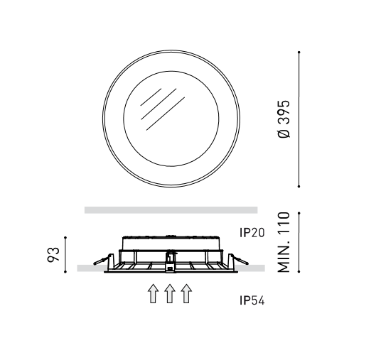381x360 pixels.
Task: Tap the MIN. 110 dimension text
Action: (x=284, y=241)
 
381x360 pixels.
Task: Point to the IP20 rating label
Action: (x=252, y=231)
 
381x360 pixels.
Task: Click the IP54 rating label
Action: (x=252, y=300)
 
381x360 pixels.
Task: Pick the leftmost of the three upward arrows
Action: (x=152, y=293)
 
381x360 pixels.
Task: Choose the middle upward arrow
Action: (x=169, y=293)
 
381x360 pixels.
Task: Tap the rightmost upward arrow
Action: (x=186, y=293)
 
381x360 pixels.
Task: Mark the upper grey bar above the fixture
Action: (x=171, y=209)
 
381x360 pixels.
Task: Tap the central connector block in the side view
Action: (x=170, y=261)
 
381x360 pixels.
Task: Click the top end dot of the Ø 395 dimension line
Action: (x=299, y=52)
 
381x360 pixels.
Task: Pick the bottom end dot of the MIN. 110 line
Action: (x=299, y=271)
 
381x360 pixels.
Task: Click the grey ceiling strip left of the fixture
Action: (x=90, y=268)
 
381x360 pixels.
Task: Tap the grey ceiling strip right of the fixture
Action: (x=253, y=268)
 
